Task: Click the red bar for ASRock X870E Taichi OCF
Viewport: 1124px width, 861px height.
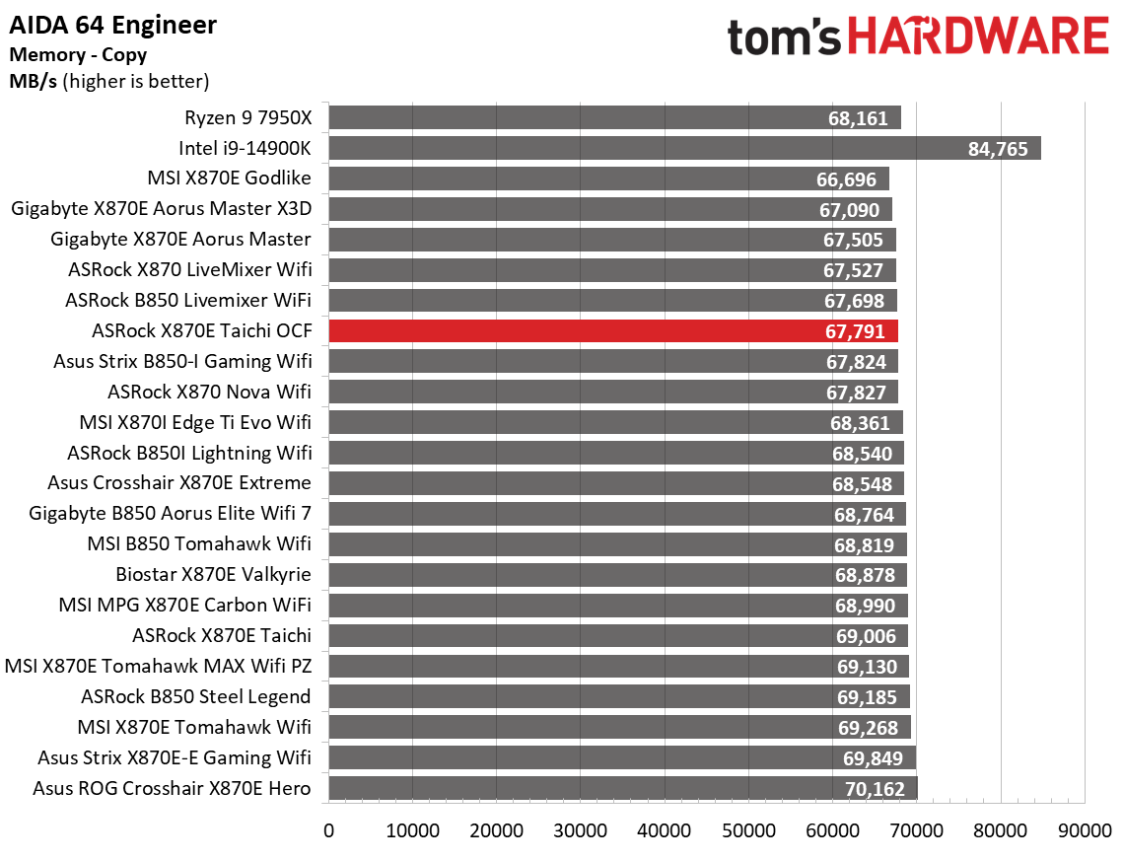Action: pyautogui.click(x=612, y=331)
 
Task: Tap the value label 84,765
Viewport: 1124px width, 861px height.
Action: pyautogui.click(x=998, y=149)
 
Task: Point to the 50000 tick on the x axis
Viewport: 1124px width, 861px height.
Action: pyautogui.click(x=748, y=830)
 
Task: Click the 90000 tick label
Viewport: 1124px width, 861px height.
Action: pyautogui.click(x=1085, y=830)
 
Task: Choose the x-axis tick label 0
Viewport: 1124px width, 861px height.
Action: pyautogui.click(x=328, y=830)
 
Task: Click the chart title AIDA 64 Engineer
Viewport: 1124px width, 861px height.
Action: pyautogui.click(x=112, y=25)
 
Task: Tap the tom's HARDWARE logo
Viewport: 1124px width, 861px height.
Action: pyautogui.click(x=918, y=37)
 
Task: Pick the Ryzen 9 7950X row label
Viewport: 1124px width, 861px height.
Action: pyautogui.click(x=247, y=118)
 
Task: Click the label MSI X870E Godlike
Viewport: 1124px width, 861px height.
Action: pyautogui.click(x=228, y=179)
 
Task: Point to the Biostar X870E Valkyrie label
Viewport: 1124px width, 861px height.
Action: pyautogui.click(x=213, y=574)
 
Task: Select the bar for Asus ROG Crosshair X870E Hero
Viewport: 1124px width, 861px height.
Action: pyautogui.click(x=622, y=788)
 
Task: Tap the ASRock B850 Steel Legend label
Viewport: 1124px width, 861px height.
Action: pyautogui.click(x=195, y=696)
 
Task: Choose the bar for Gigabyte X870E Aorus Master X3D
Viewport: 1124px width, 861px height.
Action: pyautogui.click(x=609, y=209)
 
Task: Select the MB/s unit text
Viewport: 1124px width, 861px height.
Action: pyautogui.click(x=32, y=82)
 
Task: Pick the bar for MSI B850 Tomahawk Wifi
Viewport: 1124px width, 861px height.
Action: pyautogui.click(x=617, y=544)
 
